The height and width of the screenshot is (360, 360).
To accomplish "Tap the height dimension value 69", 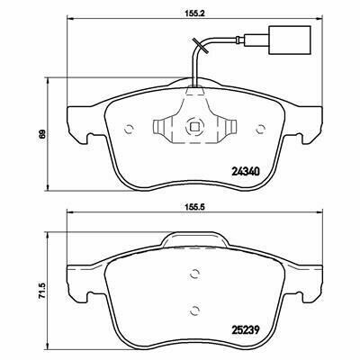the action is point(42,134).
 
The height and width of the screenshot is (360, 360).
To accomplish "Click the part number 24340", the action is point(245,172).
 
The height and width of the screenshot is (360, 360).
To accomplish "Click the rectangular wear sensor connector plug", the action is point(290,40).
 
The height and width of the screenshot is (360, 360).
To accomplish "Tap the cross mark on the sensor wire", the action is point(199,46).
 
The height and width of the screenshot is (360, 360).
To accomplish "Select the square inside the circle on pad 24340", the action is point(194,128).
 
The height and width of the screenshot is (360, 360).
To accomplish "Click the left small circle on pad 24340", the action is point(129,129).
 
